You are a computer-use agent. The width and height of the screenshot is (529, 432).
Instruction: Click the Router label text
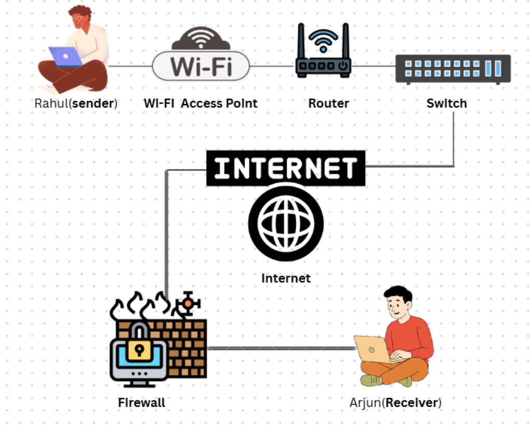[x=329, y=104]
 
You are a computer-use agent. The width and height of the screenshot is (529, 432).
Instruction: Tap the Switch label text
[x=446, y=104]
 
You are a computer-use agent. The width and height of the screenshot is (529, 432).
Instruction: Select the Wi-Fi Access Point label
[x=200, y=104]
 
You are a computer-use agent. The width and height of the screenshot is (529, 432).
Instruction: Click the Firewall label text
[x=141, y=402]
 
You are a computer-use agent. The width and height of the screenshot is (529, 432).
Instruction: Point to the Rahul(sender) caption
[x=76, y=104]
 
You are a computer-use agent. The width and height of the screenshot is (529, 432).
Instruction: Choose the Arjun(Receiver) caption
[x=395, y=402]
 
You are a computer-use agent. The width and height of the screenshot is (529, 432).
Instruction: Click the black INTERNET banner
[x=286, y=168]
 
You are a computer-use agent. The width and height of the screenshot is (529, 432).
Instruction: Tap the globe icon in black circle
[x=286, y=223]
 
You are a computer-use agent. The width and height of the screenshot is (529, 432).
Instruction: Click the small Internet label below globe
[x=286, y=278]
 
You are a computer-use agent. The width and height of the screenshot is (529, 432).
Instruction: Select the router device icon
[x=323, y=55]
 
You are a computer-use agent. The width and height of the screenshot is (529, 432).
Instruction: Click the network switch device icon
[x=453, y=69]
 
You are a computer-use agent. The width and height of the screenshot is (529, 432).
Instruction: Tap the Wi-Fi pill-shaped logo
[x=200, y=66]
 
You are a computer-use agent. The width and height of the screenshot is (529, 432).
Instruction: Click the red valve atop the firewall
[x=187, y=304]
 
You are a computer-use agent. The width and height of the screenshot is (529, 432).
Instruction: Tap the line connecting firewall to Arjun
[x=281, y=348]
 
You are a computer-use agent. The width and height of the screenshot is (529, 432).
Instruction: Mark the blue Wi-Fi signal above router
[x=323, y=38]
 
